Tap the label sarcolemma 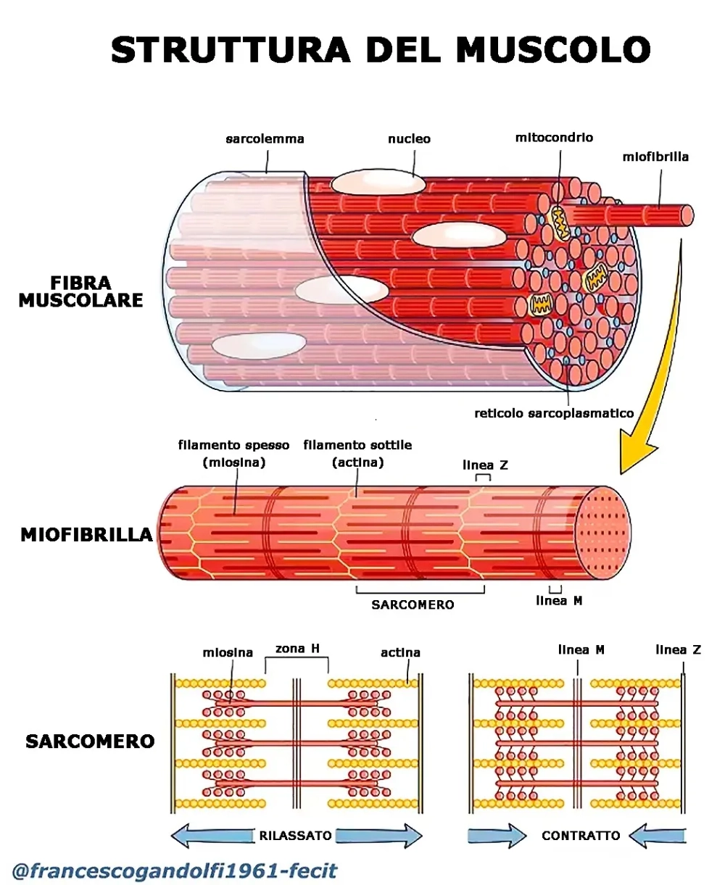265,138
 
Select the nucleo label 409,138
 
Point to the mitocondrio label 554,137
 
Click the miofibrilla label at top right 655,156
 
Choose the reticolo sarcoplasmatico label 554,413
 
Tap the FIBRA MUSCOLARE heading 81,291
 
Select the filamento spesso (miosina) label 233,454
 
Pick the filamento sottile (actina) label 357,454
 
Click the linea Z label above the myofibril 485,465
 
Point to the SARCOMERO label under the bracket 413,604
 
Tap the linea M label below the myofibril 559,601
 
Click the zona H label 297,649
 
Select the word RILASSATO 295,836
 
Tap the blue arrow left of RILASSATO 210,836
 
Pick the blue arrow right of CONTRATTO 656,836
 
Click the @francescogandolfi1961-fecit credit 175,870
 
